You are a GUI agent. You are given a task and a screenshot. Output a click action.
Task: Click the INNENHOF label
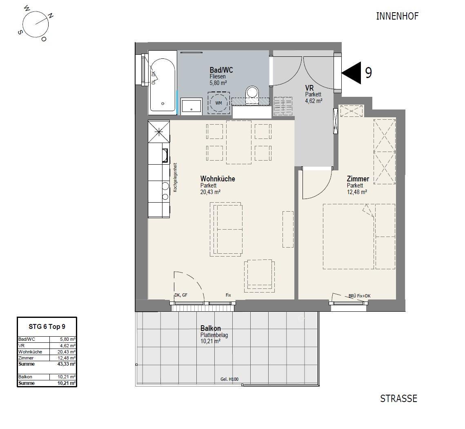(x=397, y=16)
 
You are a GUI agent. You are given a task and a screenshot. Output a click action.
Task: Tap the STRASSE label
(x=398, y=398)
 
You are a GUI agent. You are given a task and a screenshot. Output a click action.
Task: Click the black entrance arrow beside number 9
(x=352, y=73)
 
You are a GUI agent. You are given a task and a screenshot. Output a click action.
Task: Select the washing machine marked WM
(x=218, y=103)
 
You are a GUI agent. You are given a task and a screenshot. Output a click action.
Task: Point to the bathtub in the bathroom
(x=162, y=85)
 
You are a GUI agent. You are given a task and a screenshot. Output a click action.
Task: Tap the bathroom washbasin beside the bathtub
(x=191, y=106)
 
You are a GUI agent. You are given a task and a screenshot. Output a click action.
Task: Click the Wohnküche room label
(x=218, y=179)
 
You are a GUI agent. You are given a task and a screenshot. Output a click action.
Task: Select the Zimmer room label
(x=358, y=179)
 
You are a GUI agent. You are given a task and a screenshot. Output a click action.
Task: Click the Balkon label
(x=211, y=328)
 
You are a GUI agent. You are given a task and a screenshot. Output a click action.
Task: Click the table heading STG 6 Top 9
(x=47, y=326)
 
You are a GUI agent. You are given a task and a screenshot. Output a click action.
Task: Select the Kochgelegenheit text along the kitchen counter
(x=175, y=177)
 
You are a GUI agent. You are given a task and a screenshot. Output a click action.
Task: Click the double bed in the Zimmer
(x=349, y=236)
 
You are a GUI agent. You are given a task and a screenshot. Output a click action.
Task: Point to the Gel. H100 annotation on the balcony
(x=229, y=379)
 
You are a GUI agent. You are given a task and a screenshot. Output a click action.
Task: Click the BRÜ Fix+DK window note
(x=359, y=296)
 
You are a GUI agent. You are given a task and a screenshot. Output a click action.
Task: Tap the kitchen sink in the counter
(x=165, y=156)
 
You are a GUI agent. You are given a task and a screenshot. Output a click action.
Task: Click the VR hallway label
(x=309, y=88)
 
